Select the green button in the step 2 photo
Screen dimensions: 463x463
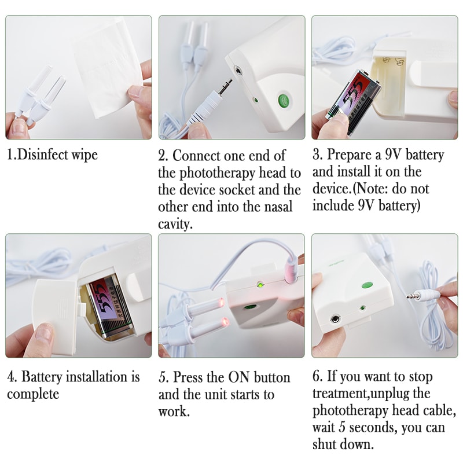click(x=284, y=101)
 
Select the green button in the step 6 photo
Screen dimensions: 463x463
click(x=366, y=285)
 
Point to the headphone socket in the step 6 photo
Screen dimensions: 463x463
click(x=335, y=318)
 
